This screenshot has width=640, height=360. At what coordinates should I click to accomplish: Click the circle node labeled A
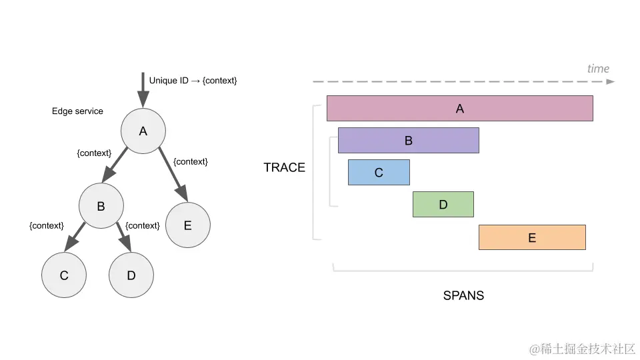click(143, 131)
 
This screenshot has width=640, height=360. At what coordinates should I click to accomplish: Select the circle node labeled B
click(101, 206)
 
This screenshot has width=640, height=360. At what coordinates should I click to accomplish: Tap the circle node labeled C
click(64, 275)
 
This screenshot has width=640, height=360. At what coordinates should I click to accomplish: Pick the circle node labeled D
click(131, 275)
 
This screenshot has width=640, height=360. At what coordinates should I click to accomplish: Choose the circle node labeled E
click(187, 225)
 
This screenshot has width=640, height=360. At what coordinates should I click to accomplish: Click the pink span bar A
click(459, 109)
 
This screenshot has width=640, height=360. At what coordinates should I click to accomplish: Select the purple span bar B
click(408, 141)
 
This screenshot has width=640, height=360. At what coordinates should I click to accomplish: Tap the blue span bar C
click(379, 173)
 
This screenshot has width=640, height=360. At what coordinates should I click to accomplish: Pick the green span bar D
click(443, 205)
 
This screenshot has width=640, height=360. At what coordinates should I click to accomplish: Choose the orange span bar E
click(531, 237)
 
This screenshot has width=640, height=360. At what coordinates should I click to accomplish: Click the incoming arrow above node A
click(142, 89)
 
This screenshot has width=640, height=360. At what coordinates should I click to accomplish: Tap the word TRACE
click(284, 167)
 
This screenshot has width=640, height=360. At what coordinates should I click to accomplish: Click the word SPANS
click(463, 295)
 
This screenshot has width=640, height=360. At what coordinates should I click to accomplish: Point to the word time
click(598, 69)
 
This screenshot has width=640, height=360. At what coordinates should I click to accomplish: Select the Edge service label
click(77, 111)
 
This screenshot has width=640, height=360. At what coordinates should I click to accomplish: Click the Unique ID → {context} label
click(193, 81)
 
